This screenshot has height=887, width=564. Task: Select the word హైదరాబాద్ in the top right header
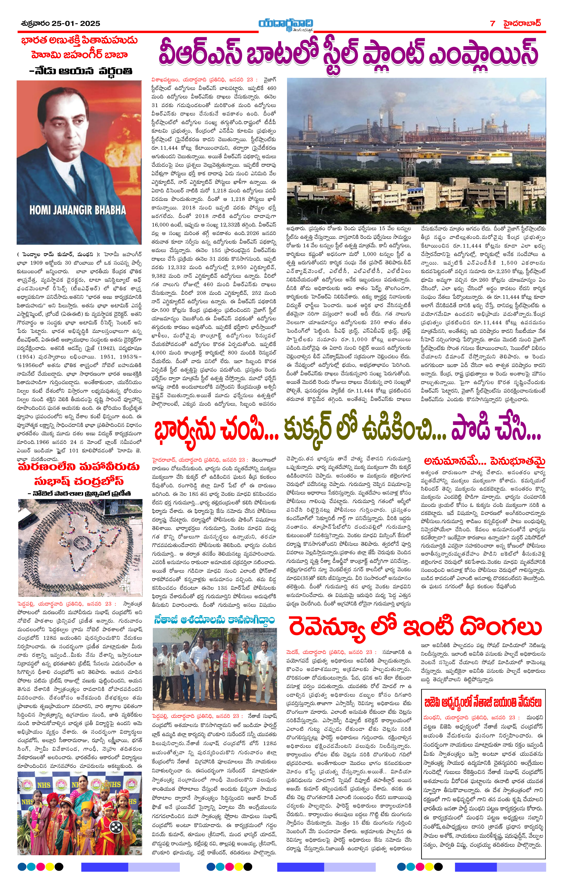pyautogui.click(x=523, y=23)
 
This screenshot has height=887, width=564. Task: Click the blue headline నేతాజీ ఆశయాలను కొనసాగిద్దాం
pyautogui.click(x=214, y=619)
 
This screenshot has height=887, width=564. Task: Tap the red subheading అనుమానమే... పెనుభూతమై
pyautogui.click(x=484, y=461)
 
